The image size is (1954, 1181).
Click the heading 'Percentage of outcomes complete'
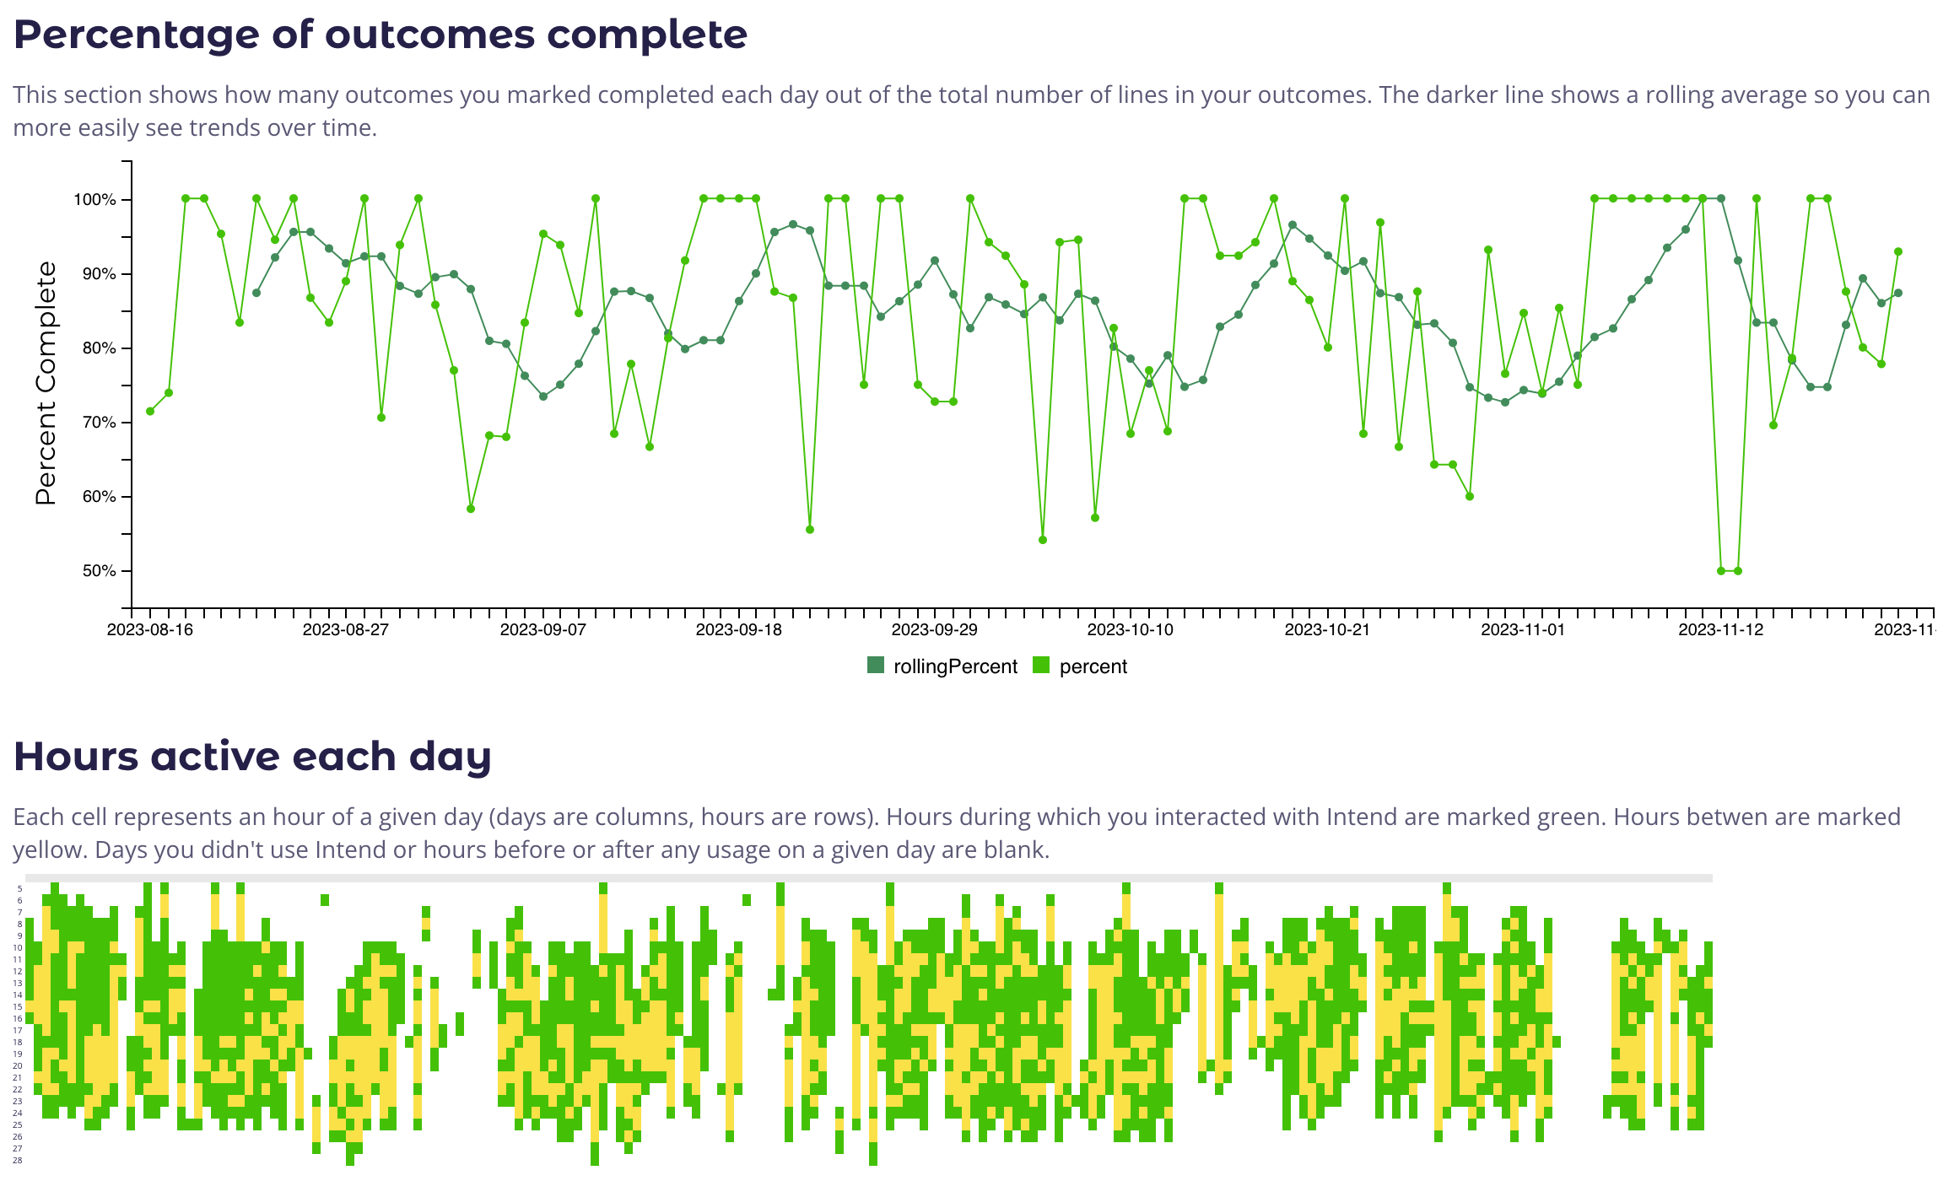(380, 35)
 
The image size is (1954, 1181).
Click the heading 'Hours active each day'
(252, 757)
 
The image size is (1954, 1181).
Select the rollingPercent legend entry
(943, 666)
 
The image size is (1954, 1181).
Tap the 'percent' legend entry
(1082, 666)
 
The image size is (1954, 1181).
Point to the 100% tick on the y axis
(94, 200)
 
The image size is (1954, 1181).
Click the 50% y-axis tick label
(99, 571)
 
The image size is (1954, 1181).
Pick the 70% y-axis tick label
(99, 423)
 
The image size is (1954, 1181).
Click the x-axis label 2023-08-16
(150, 630)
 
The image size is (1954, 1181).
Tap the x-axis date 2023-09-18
(738, 630)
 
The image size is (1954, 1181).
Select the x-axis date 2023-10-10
(1130, 630)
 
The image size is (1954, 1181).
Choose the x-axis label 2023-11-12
(1720, 630)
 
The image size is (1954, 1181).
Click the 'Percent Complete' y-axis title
(46, 384)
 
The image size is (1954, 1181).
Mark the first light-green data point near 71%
(150, 412)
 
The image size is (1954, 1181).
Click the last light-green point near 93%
(1898, 251)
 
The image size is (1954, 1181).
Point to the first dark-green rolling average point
(256, 293)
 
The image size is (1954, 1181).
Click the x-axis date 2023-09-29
(934, 630)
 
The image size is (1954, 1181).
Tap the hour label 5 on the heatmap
(19, 889)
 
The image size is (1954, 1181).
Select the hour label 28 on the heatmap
(18, 1161)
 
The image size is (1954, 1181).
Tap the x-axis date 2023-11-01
(1523, 630)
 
